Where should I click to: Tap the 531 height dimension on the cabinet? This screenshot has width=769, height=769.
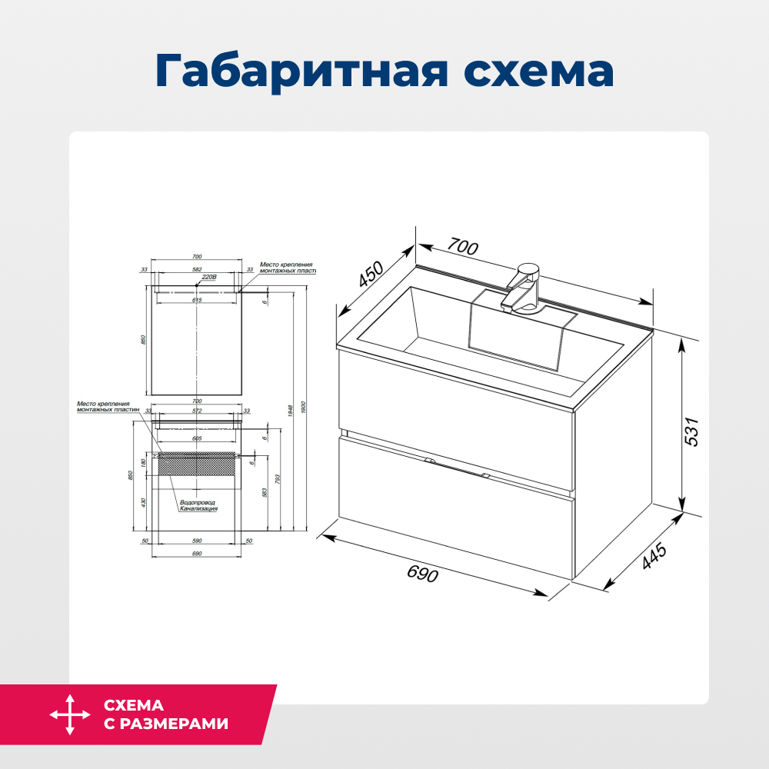point(693,431)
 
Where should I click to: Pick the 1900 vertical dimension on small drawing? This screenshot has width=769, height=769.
point(305,407)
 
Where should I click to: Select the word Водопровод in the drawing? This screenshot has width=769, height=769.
point(198,502)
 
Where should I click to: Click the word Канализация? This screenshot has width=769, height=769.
point(199,508)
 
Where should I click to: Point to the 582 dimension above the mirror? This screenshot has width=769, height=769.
point(197,270)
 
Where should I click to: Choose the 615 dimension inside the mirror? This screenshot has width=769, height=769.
point(197,300)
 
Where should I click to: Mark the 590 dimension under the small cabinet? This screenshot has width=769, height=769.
point(197,541)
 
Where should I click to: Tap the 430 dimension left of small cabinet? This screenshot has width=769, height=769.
point(143,504)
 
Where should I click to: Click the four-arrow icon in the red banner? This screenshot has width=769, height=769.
point(70,714)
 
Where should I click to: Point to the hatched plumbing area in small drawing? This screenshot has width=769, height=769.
point(197,464)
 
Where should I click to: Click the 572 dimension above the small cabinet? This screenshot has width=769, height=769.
point(197,411)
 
